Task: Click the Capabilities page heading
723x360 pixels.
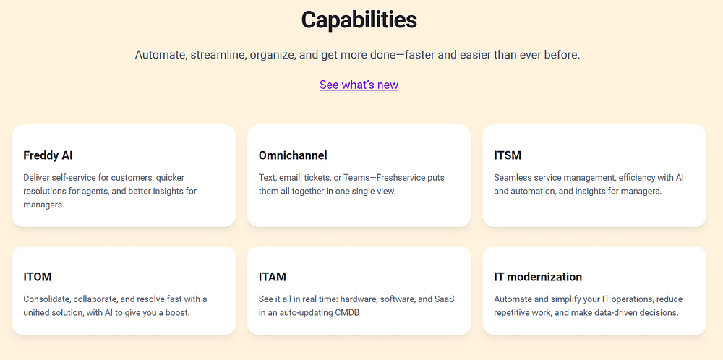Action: point(359,20)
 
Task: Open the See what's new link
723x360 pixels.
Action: point(359,85)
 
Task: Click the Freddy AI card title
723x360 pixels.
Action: point(48,155)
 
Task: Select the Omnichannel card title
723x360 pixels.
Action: point(293,155)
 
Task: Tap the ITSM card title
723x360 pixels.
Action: point(508,155)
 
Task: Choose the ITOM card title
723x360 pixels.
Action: point(38,277)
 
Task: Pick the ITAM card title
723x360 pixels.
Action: point(273,277)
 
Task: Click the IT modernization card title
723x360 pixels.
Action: point(538,277)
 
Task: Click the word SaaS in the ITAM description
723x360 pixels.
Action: point(445,299)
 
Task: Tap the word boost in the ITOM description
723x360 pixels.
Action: point(178,312)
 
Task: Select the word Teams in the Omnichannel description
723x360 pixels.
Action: point(357,177)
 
